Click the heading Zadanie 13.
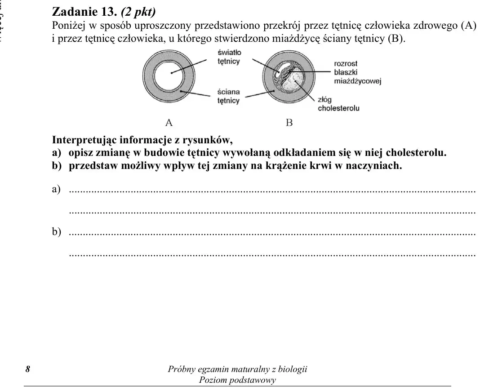coord(85,12)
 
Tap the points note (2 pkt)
coord(138,12)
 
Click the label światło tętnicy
coord(229,57)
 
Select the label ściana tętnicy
coord(228,96)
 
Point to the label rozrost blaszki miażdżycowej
coord(358,72)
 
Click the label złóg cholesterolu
coord(338,104)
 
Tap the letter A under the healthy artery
coord(169,123)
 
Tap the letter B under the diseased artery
coord(289,123)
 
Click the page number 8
coord(28,369)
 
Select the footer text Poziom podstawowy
coord(237,380)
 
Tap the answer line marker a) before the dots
coord(56,189)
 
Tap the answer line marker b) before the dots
coord(56,231)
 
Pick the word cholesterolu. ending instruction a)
coord(416,152)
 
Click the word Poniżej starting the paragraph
coord(69,26)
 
